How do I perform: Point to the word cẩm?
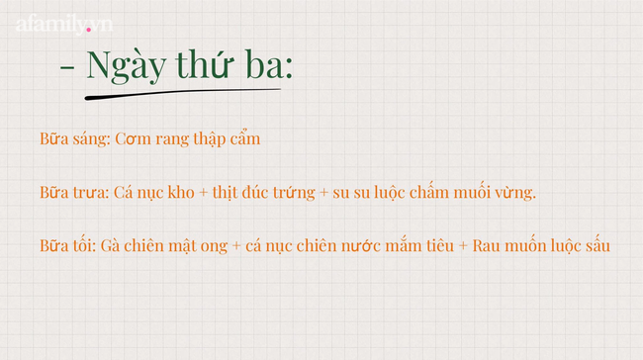[244, 139]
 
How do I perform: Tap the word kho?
[184, 192]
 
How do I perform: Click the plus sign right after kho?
[205, 193]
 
